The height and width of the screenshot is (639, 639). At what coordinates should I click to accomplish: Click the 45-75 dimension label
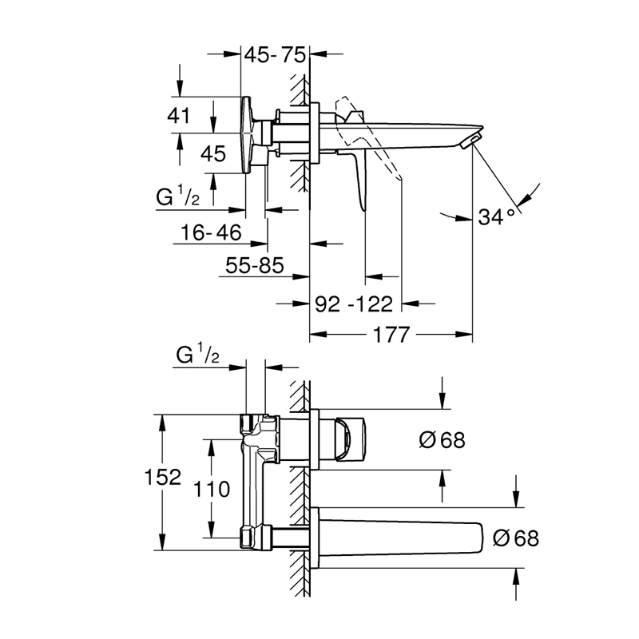tap(275, 55)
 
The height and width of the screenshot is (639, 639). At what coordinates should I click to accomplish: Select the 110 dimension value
tap(212, 488)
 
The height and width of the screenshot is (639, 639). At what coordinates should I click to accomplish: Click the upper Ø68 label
tap(442, 439)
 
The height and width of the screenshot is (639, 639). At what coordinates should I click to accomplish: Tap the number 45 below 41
tap(212, 153)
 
